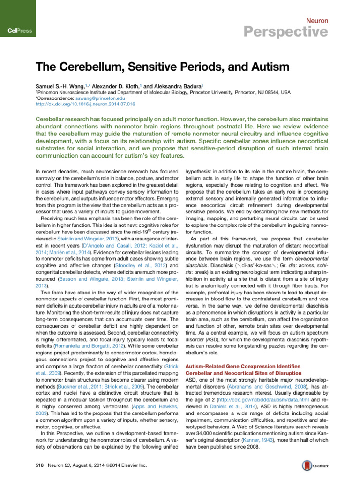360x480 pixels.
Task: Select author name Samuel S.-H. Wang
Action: (x=62, y=86)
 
